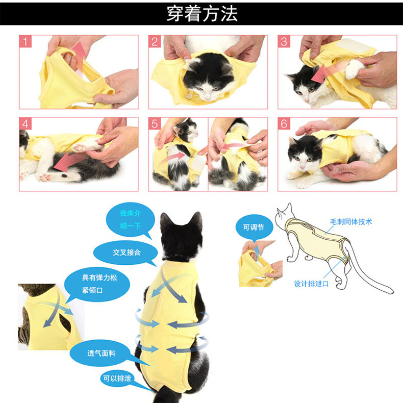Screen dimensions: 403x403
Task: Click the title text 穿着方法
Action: tap(202, 13)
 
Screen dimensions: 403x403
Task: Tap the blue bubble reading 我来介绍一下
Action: tap(130, 219)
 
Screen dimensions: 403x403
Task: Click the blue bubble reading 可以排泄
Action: tap(118, 379)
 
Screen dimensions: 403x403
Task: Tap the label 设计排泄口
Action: tap(311, 284)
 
